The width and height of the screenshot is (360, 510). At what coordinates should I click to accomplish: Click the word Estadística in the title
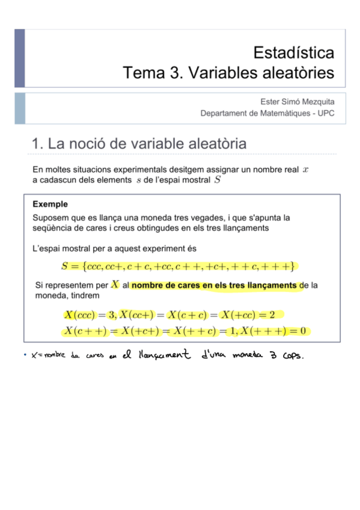click(x=294, y=52)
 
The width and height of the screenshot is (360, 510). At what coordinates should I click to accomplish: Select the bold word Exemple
click(x=50, y=204)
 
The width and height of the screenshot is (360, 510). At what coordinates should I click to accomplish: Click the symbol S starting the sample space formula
click(x=65, y=266)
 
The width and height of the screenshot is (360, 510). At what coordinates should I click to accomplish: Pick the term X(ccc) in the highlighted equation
click(x=81, y=315)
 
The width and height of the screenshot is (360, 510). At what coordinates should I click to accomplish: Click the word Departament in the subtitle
click(x=224, y=113)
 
